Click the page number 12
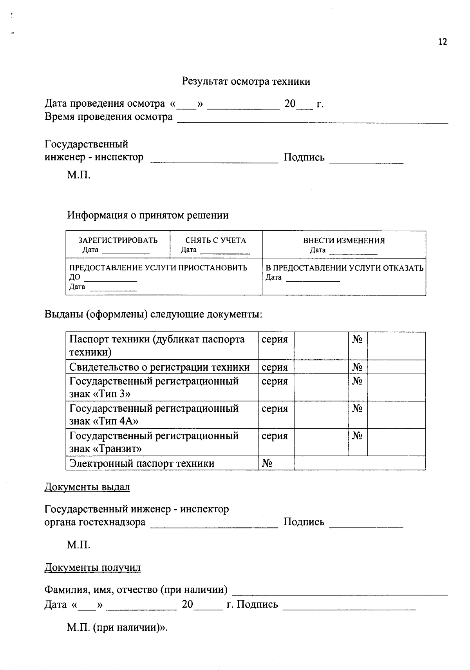point(442,42)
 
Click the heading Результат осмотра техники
point(246,81)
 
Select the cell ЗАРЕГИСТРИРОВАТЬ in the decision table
point(118,240)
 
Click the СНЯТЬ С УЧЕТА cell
point(215,240)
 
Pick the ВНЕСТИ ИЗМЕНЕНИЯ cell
point(344,240)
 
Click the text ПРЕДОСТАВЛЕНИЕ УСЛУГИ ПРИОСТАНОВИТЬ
point(158,268)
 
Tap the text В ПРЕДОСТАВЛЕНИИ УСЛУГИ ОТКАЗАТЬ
point(344,268)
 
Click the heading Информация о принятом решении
point(148,215)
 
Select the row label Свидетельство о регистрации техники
point(159,367)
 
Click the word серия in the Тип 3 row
point(275,381)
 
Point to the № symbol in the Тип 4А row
point(357,409)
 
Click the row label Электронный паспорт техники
point(142,463)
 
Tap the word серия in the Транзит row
point(275,436)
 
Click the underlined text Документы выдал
point(87,487)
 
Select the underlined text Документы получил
point(92,568)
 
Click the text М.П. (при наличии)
point(117,627)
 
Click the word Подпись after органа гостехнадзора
point(304,522)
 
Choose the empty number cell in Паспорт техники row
point(396,346)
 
